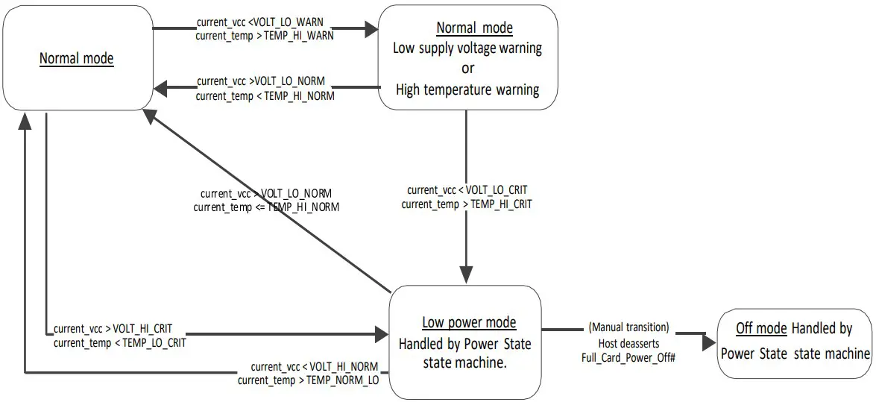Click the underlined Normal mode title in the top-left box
click(x=76, y=58)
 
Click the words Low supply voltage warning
click(x=467, y=48)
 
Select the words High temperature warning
click(x=467, y=89)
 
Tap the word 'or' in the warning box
click(x=467, y=69)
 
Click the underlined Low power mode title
click(x=469, y=323)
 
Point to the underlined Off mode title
click(x=761, y=328)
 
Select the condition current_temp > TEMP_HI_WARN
click(x=265, y=35)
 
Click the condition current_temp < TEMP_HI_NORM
click(x=265, y=95)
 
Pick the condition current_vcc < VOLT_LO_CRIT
click(x=467, y=190)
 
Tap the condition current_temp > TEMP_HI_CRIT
click(x=467, y=204)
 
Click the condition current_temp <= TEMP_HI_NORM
click(x=266, y=207)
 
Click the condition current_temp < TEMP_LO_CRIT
click(x=119, y=343)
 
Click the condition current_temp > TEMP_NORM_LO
click(x=309, y=380)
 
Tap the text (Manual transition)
click(x=628, y=327)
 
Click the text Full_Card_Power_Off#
click(x=628, y=357)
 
